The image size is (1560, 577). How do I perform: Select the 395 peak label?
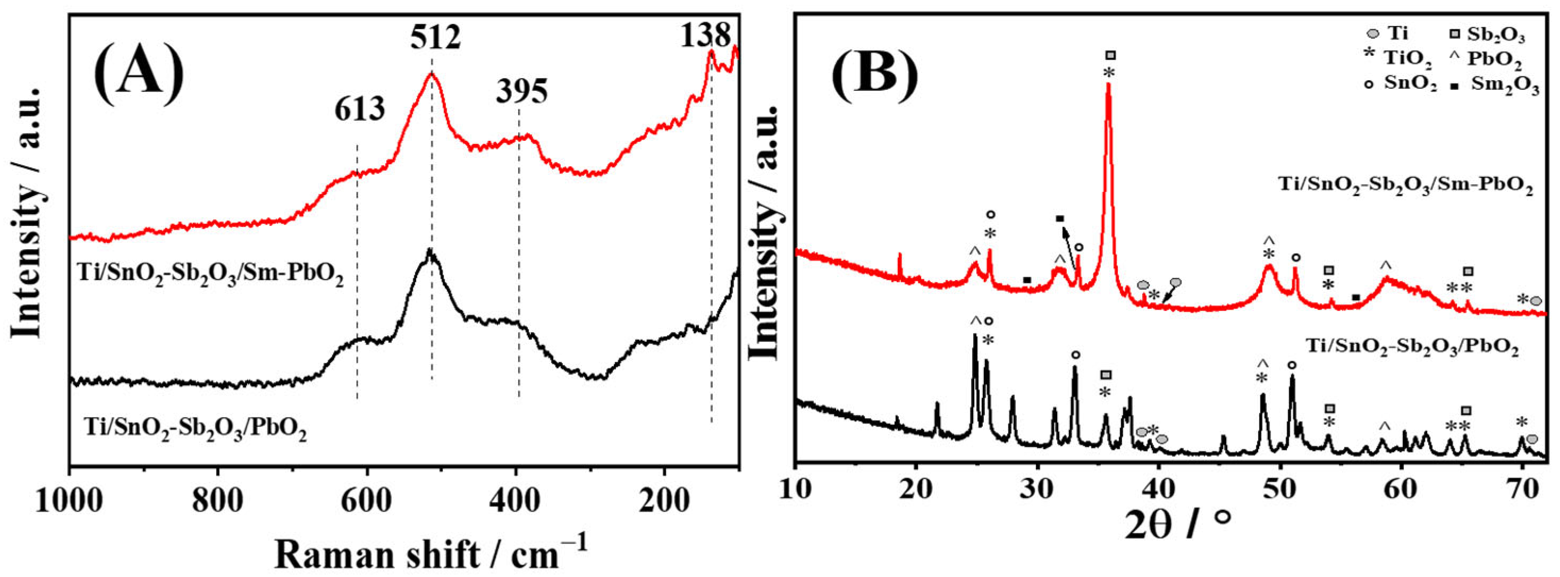pos(522,91)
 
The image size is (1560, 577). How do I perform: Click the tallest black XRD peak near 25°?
pos(974,334)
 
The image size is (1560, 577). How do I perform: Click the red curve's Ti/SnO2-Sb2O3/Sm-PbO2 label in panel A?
pos(210,279)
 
